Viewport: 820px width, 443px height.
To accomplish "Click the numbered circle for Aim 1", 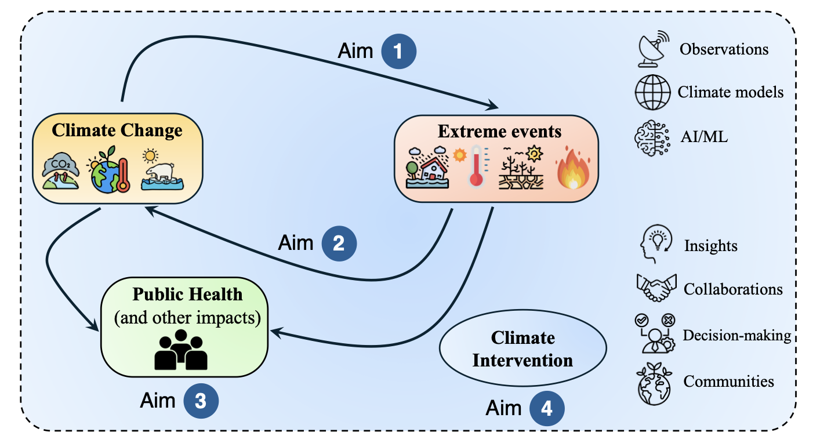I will tap(398, 52).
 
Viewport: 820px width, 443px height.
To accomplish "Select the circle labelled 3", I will tap(201, 402).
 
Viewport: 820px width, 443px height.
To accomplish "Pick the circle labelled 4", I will tap(546, 409).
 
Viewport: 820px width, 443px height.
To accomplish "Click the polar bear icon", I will tap(162, 173).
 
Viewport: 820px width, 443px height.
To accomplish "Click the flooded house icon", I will tap(429, 166).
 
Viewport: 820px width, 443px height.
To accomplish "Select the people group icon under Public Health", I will tap(180, 350).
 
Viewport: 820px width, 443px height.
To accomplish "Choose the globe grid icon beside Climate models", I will tap(652, 93).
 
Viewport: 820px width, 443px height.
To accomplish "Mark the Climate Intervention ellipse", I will tap(523, 349).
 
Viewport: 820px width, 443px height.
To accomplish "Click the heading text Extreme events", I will tap(499, 132).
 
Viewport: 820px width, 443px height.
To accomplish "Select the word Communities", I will tap(728, 381).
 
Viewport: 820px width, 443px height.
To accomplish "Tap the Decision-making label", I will tap(736, 335).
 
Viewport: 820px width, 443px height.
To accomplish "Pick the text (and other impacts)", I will tap(186, 317).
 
